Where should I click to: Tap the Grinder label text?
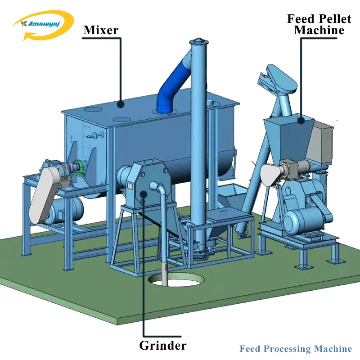click(162, 346)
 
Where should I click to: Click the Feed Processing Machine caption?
click(296, 349)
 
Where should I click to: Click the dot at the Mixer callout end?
click(121, 104)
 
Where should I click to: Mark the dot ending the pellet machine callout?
click(300, 119)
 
